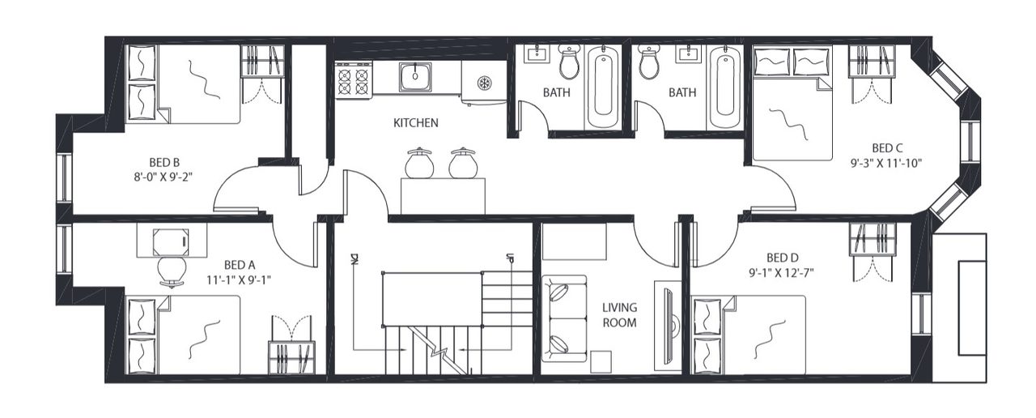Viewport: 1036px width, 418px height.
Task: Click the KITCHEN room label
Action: pos(415,123)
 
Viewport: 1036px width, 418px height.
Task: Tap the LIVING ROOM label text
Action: pos(619,314)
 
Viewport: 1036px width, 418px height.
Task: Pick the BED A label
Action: pos(240,265)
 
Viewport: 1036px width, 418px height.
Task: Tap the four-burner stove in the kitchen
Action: pos(354,79)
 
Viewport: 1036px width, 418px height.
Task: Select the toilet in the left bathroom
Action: pos(570,62)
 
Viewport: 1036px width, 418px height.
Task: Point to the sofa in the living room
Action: pos(563,319)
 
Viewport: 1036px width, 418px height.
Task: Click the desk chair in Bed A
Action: pos(171,270)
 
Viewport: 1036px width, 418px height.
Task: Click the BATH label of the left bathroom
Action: pos(557,92)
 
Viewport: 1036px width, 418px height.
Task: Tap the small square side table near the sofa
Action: pos(601,361)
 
